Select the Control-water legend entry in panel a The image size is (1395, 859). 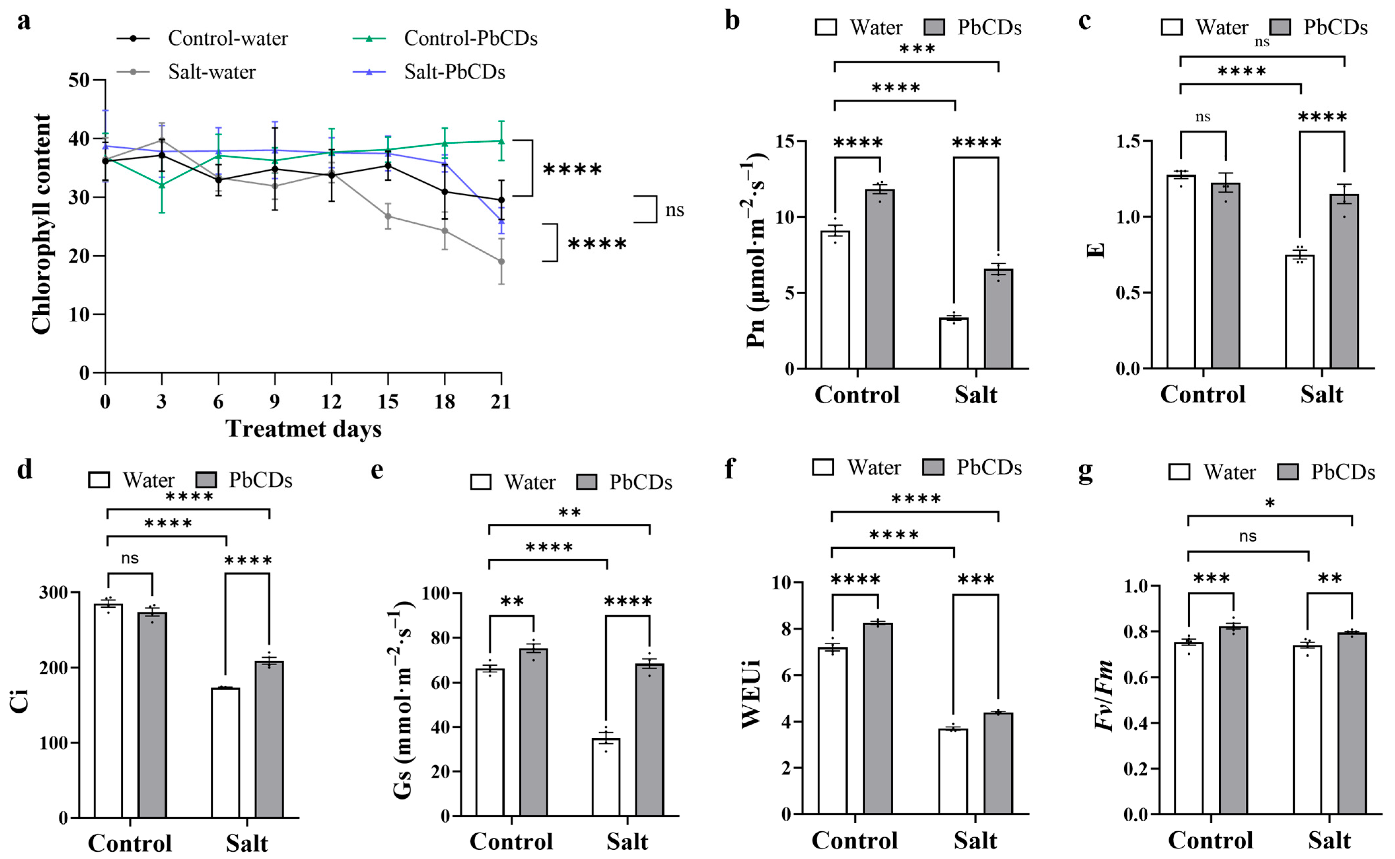click(x=227, y=39)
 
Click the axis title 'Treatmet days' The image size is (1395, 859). click(x=303, y=429)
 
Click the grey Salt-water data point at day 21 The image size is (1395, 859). click(x=501, y=261)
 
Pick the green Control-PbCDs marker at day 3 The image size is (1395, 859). click(x=162, y=185)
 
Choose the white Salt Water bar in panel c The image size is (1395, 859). click(x=1300, y=311)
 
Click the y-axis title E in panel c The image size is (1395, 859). click(x=1096, y=251)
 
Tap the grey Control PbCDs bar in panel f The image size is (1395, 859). click(x=878, y=719)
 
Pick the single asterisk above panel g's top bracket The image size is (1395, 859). click(x=1270, y=503)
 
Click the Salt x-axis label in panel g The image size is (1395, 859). click(x=1330, y=840)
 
